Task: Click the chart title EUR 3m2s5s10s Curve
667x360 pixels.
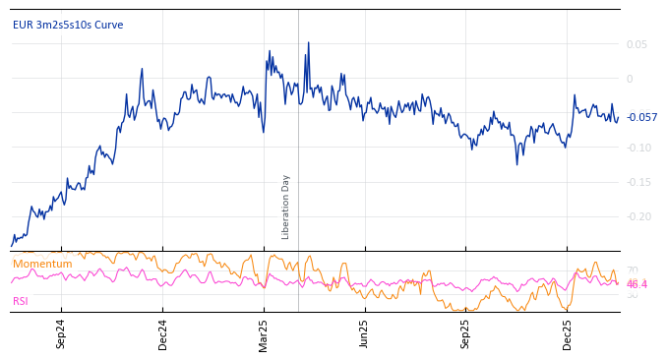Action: tap(68, 25)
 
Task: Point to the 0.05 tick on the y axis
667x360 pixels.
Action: tap(637, 44)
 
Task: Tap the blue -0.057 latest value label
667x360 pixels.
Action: tap(641, 117)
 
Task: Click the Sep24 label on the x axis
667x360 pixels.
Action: tap(61, 333)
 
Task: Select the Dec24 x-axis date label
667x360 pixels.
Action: tap(163, 333)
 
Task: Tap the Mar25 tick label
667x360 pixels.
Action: tap(264, 333)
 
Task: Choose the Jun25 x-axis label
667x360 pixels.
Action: tap(364, 333)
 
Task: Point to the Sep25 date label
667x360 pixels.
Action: tap(465, 333)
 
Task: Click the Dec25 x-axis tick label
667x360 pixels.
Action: tap(567, 333)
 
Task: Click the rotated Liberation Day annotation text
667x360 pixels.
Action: tap(286, 207)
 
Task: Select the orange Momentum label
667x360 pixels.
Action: tap(42, 264)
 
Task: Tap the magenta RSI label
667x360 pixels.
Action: tap(21, 301)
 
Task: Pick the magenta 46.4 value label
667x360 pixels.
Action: tap(637, 284)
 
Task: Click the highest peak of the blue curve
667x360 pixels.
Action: tap(308, 43)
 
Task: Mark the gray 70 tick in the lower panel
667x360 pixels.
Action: tap(632, 270)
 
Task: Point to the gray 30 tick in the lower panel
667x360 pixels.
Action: tap(632, 295)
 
